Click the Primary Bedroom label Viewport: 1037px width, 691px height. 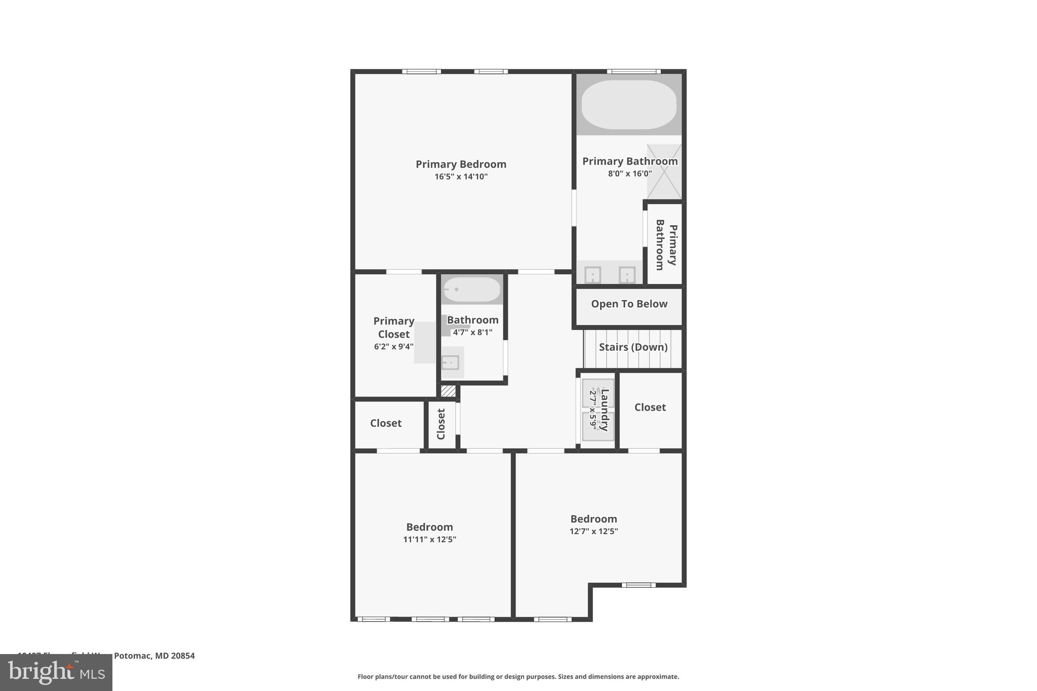(x=461, y=164)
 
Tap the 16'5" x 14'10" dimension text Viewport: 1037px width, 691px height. (x=461, y=177)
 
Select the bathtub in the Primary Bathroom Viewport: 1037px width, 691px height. (x=628, y=105)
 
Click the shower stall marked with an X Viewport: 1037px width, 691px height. (x=664, y=172)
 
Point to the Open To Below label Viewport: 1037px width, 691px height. (x=629, y=304)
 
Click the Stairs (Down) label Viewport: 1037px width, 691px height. (x=633, y=347)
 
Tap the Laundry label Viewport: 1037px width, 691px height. (x=604, y=410)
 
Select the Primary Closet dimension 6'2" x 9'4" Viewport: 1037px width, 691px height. (x=393, y=347)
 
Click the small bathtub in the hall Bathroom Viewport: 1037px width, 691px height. (x=472, y=290)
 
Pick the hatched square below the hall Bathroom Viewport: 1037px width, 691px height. (x=448, y=391)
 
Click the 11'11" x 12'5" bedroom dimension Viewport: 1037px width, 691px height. (x=429, y=540)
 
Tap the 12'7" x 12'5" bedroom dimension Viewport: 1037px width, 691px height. (x=593, y=532)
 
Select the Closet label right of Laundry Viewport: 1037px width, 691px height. (x=650, y=407)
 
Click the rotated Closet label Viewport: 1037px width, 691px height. (x=441, y=424)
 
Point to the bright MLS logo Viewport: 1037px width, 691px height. (x=56, y=672)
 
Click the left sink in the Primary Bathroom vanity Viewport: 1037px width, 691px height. (x=592, y=275)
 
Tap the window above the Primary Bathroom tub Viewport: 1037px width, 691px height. (x=633, y=71)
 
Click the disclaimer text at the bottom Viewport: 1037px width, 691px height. (x=518, y=676)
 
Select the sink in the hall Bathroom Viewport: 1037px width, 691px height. (x=450, y=362)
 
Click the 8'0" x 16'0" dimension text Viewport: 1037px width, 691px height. (x=629, y=174)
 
